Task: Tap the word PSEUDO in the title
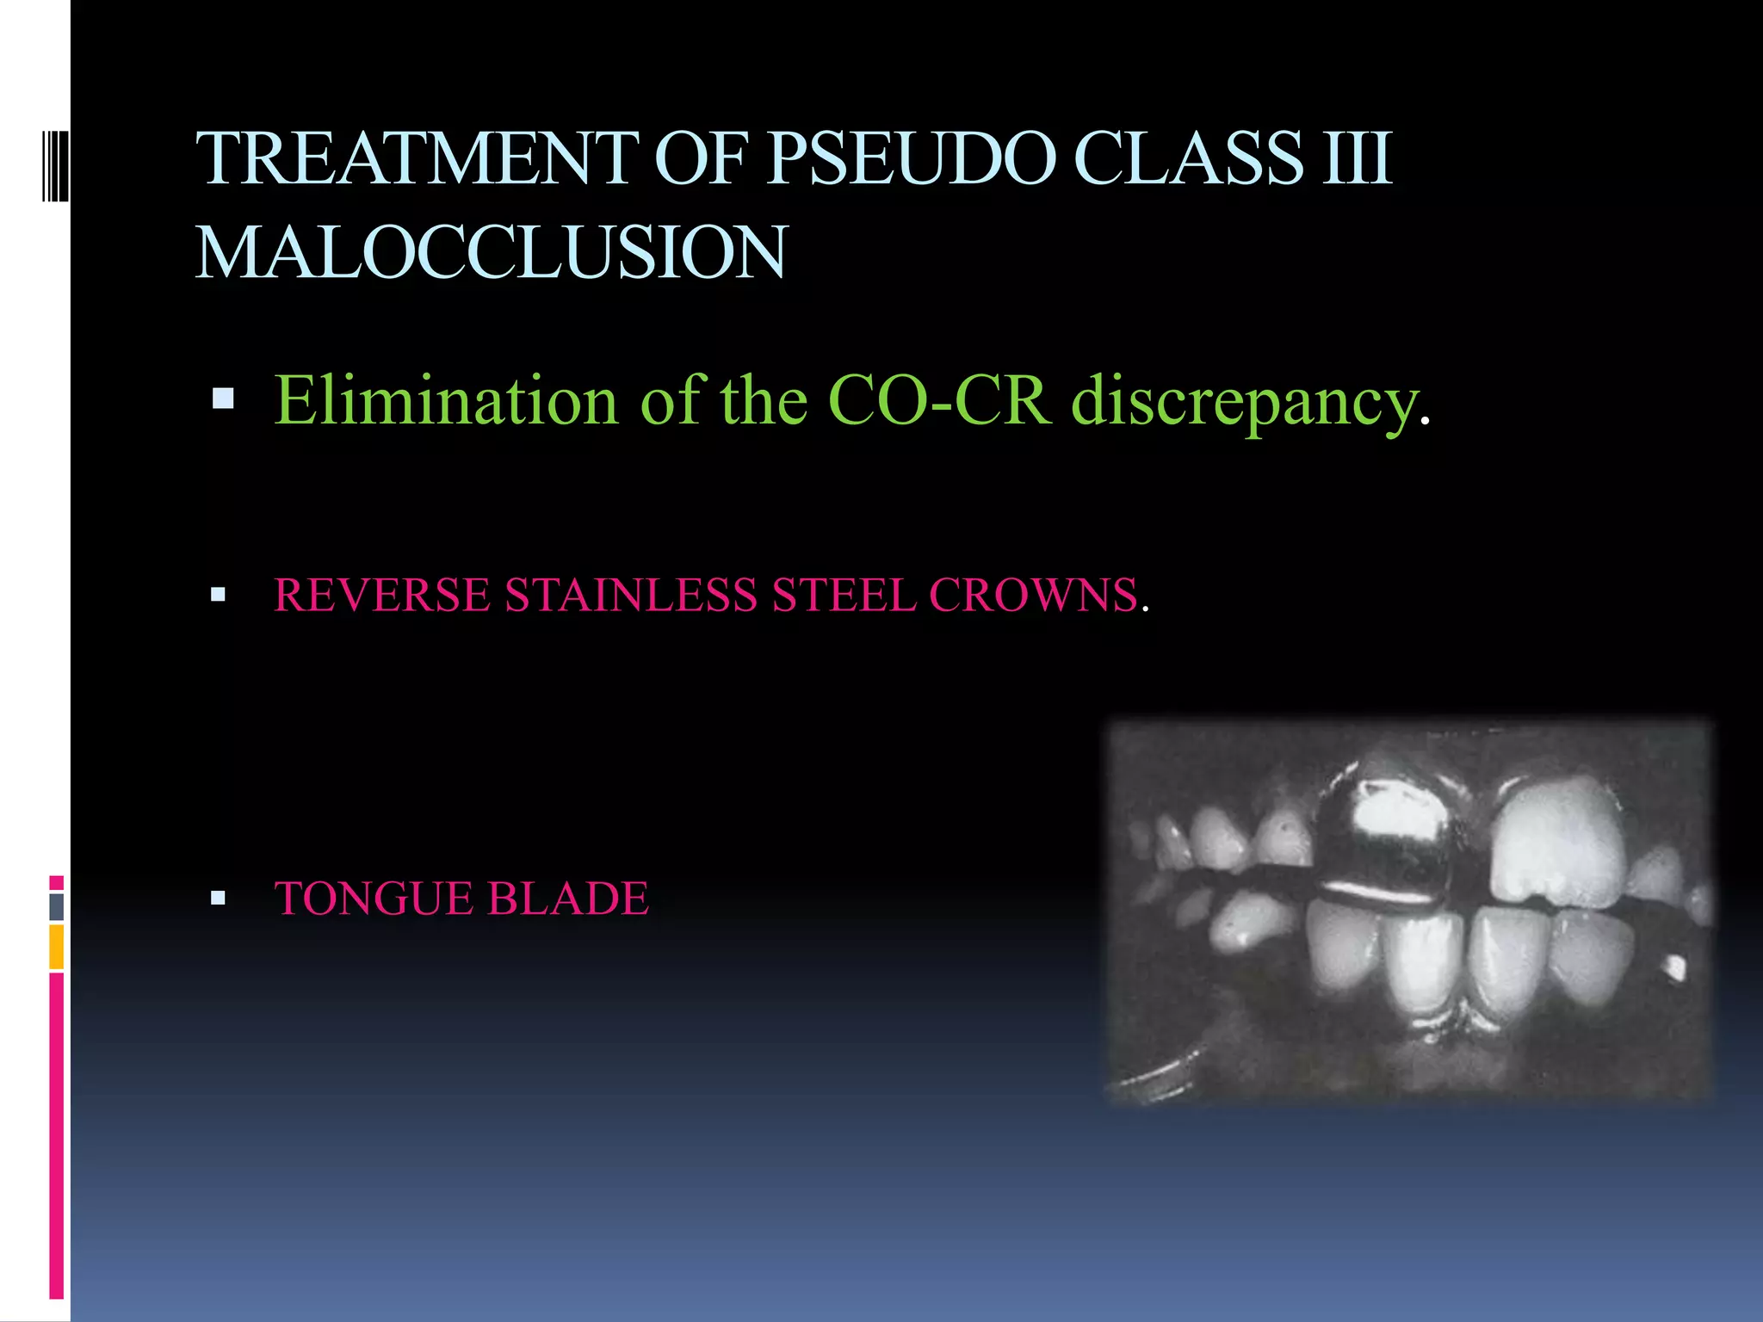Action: coord(911,159)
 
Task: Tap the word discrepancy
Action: coord(1245,402)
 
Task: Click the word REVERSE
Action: coord(382,595)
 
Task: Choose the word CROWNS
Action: coord(1033,595)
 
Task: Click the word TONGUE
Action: coord(373,899)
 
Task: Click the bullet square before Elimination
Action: coord(223,398)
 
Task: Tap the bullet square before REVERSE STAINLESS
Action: coord(218,594)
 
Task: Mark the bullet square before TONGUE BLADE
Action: coord(218,899)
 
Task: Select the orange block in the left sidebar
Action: coord(56,947)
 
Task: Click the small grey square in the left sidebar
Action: coord(56,906)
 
